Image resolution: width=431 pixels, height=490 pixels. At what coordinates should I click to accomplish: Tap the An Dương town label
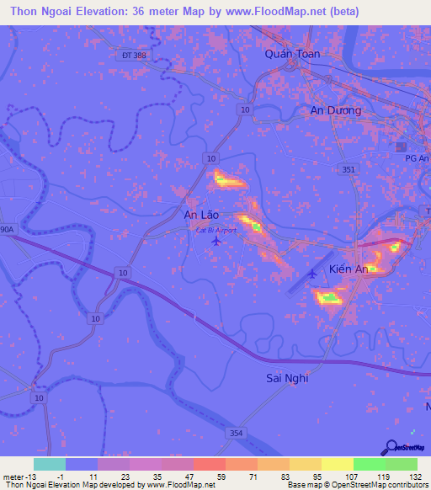(335, 110)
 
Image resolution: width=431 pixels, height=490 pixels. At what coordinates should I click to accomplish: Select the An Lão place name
(201, 216)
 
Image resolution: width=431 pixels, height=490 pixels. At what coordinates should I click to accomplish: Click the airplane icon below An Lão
(216, 241)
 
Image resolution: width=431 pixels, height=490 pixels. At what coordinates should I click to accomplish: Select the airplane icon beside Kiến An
(312, 272)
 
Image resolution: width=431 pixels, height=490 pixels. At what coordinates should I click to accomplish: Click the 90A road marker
(7, 228)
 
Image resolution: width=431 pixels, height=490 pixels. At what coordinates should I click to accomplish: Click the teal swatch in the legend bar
(50, 464)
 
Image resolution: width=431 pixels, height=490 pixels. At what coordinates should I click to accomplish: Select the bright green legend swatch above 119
(369, 464)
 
